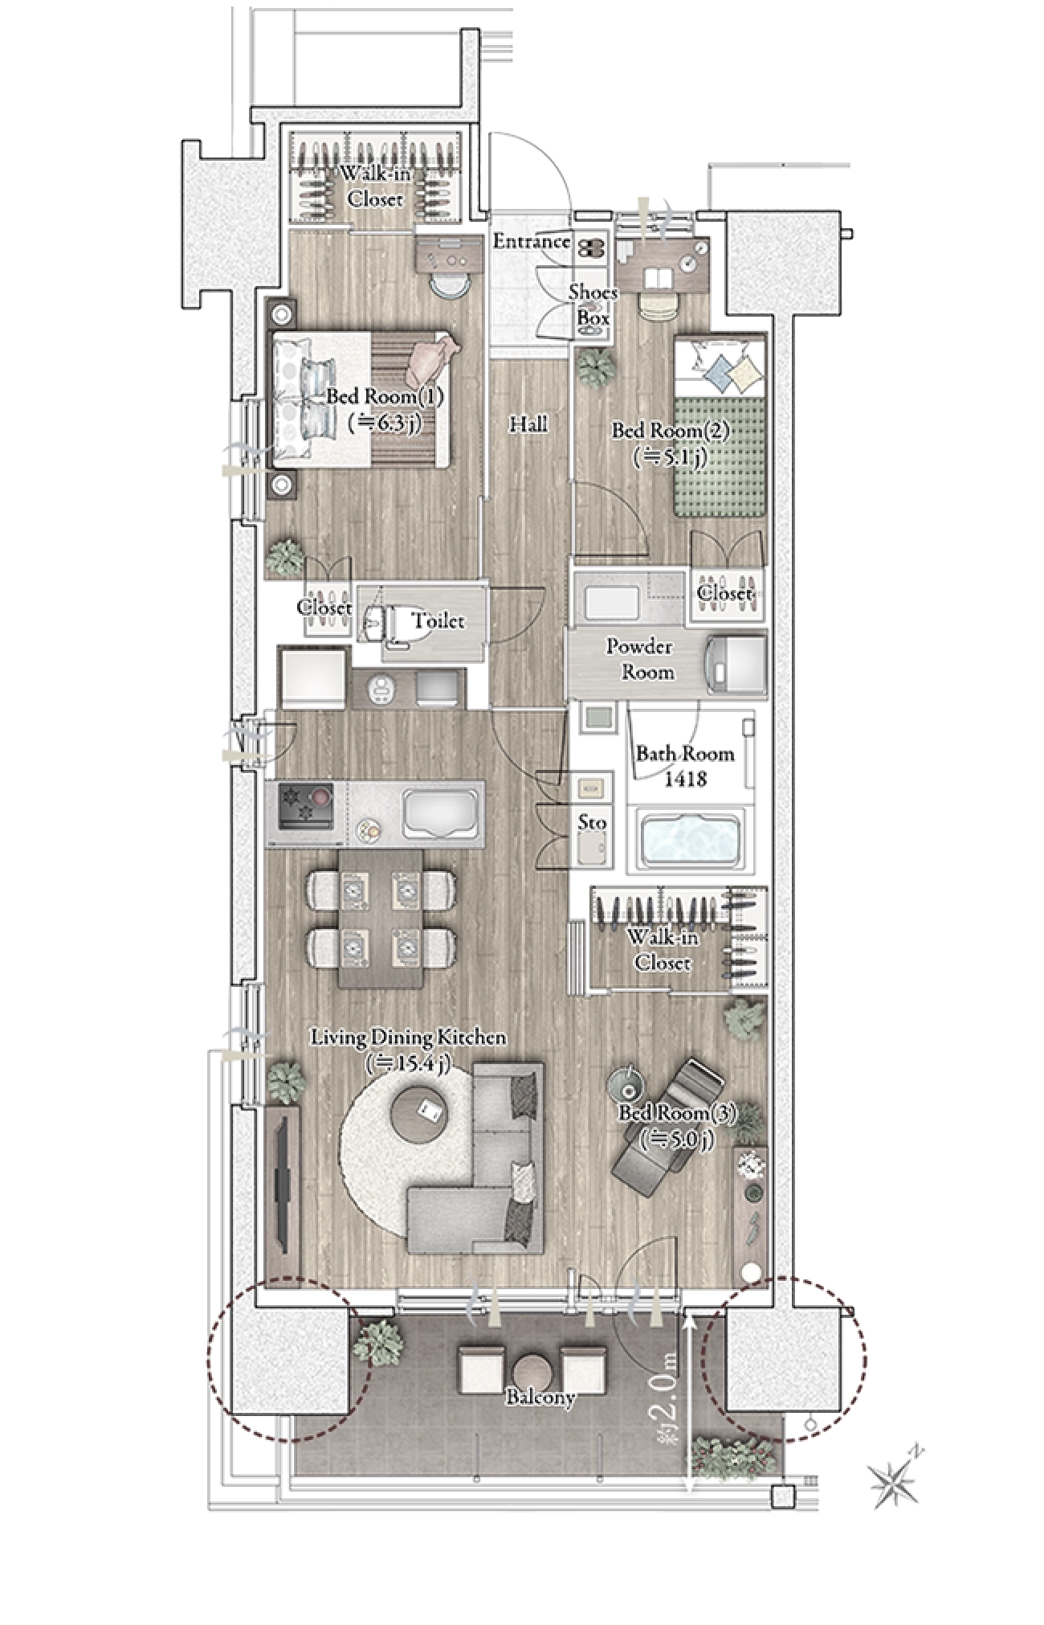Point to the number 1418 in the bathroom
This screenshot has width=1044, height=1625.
click(x=686, y=779)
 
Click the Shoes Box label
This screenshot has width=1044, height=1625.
click(x=593, y=305)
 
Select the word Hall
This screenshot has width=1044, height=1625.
click(x=528, y=424)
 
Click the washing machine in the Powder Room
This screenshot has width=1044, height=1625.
click(x=734, y=663)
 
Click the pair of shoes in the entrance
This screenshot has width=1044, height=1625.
click(x=593, y=250)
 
